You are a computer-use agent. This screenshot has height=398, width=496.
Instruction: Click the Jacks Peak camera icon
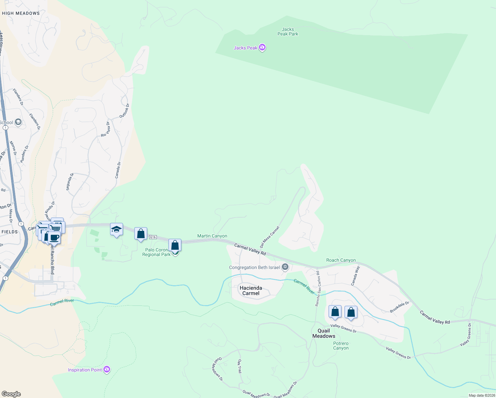[263, 48]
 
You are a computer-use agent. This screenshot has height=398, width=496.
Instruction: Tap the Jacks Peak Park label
[288, 32]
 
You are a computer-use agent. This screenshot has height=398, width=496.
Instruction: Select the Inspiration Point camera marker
[107, 369]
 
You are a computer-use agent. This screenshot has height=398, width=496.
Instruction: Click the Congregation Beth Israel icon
[285, 267]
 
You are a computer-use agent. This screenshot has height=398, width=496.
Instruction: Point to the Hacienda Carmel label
[251, 291]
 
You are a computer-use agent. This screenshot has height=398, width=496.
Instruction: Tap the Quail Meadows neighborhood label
[324, 333]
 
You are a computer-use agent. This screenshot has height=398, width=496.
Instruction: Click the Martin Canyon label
[212, 236]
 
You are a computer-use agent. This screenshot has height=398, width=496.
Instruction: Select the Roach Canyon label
[341, 260]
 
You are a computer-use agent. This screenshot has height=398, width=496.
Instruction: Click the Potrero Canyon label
[341, 346]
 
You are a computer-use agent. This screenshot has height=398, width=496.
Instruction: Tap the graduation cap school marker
[116, 229]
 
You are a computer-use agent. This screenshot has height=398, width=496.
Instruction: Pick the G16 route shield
[153, 237]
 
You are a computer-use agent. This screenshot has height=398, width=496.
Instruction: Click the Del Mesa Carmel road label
[270, 237]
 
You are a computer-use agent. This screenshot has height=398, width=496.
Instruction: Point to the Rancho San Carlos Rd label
[318, 289]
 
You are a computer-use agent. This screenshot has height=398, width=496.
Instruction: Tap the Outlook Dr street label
[124, 111]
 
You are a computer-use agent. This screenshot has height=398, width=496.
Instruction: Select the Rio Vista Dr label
[105, 129]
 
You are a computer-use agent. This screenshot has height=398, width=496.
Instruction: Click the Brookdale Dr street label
[400, 307]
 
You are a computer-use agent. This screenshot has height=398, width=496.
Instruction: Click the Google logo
[11, 394]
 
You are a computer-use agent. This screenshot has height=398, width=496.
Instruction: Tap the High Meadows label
[21, 13]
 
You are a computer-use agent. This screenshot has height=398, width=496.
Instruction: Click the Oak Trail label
[239, 366]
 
